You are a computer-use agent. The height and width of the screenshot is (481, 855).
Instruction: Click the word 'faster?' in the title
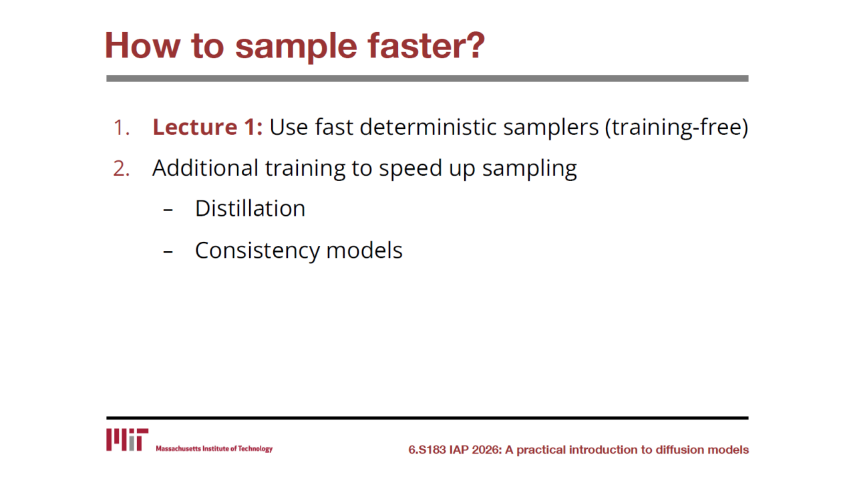[426, 45]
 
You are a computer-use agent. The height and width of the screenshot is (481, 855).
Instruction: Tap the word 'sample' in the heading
[296, 48]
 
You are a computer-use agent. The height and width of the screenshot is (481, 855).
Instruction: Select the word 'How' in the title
[142, 45]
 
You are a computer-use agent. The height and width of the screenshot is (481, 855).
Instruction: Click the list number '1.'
[122, 128]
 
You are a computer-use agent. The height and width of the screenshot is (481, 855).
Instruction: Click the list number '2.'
[122, 169]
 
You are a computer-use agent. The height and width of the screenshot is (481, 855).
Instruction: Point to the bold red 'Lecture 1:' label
[208, 127]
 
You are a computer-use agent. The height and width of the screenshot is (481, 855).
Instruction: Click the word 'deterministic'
[428, 127]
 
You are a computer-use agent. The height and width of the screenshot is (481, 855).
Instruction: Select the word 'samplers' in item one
[551, 129]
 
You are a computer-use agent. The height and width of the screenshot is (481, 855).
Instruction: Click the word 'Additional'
[205, 168]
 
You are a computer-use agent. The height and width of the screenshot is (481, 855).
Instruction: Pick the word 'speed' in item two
[410, 170]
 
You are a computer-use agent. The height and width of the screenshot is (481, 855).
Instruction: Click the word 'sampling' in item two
[530, 170]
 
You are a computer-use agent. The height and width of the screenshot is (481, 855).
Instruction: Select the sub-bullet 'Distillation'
[250, 208]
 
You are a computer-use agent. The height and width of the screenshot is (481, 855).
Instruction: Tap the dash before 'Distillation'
[168, 210]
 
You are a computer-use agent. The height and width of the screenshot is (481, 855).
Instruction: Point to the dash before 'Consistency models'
[168, 252]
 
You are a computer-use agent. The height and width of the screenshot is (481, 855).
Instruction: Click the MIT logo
[127, 440]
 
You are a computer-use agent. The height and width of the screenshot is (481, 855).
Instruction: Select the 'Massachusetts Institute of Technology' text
[214, 448]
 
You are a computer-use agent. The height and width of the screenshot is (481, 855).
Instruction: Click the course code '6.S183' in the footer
[427, 450]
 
